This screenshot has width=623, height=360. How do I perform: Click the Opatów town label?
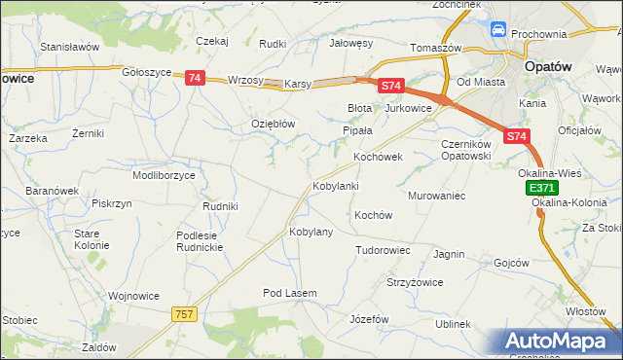pyautogui.click(x=552, y=67)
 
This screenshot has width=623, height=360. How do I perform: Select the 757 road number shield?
pyautogui.click(x=184, y=313)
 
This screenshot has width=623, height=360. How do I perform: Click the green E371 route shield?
pyautogui.click(x=541, y=188)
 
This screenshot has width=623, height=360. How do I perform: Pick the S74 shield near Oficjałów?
pyautogui.click(x=517, y=138)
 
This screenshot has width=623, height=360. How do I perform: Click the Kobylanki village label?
pyautogui.click(x=336, y=185)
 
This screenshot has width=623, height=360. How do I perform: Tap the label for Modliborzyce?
pyautogui.click(x=164, y=175)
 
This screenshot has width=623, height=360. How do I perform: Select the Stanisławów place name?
pyautogui.click(x=69, y=46)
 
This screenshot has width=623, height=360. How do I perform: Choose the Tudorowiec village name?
pyautogui.click(x=383, y=250)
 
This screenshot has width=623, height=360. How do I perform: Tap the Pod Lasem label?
pyautogui.click(x=285, y=293)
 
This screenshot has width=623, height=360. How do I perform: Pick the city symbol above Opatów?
pyautogui.click(x=497, y=31)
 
